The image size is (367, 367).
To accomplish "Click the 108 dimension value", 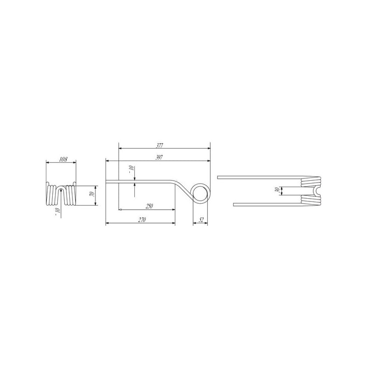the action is (63, 159).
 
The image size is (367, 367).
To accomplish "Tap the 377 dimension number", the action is (159, 145).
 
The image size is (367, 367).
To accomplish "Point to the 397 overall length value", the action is (159, 158).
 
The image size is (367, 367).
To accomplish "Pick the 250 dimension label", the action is (149, 206).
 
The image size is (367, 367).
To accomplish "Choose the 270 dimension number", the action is (142, 220).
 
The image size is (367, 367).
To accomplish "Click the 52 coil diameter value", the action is (201, 220).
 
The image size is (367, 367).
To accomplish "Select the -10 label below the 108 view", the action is (57, 211).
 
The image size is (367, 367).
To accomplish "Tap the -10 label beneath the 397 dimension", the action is (131, 169).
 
